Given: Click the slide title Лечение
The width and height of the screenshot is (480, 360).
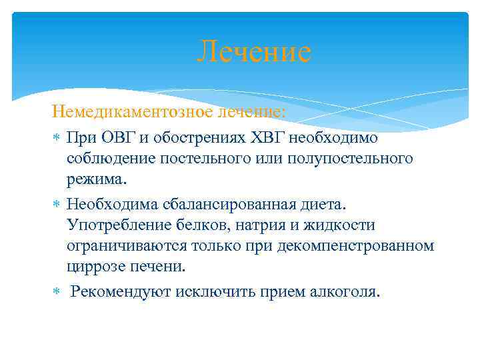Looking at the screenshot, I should tap(254, 53).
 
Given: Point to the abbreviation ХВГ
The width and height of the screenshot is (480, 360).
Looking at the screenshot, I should tap(265, 138).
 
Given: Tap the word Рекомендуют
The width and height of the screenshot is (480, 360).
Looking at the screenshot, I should tap(121, 291).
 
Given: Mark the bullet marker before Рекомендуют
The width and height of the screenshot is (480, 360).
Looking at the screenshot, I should tap(57, 291).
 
